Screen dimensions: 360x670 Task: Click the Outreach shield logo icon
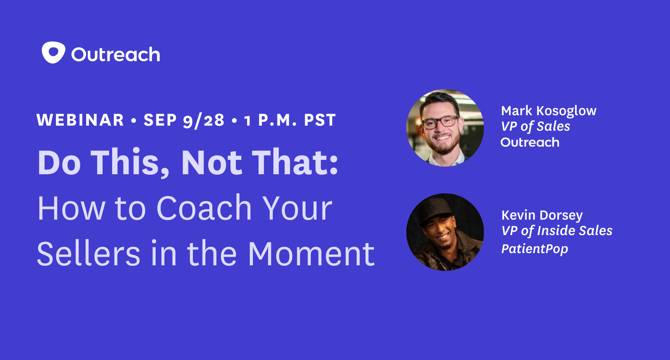53,53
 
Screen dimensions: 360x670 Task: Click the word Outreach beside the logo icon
116,55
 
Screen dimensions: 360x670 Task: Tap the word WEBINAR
80,120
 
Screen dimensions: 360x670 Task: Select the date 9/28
204,121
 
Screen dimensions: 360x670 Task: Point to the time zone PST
320,120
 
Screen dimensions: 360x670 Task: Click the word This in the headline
125,162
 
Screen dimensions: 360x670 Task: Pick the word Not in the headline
211,162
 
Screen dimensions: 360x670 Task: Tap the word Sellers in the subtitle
89,254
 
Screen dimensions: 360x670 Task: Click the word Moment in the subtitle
311,254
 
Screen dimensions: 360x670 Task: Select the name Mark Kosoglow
549,111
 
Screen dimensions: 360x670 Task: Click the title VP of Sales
536,126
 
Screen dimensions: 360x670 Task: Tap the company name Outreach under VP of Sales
530,142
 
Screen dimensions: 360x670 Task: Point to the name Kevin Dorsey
542,215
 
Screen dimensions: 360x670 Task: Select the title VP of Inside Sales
557,231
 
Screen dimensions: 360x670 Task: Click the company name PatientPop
535,249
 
